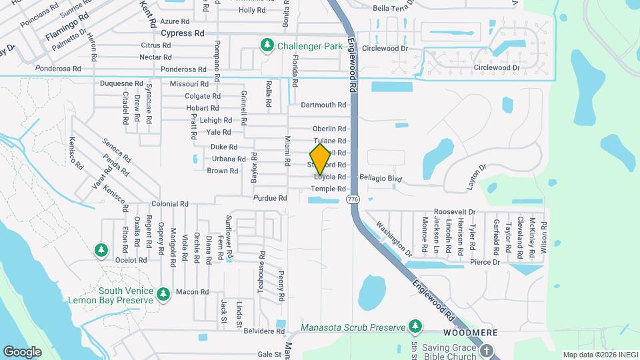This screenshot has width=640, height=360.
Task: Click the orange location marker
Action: point(321,160)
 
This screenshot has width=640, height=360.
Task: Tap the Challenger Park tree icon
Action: point(267,45)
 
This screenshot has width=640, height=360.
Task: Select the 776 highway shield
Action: point(353,199)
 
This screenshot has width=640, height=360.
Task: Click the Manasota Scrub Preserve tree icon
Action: point(415,325)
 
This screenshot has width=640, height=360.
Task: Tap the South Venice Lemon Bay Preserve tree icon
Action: point(163,293)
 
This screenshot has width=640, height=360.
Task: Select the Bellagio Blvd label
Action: point(381,179)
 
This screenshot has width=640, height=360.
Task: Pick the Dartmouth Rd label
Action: point(323,105)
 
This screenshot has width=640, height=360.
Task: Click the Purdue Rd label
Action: point(270,198)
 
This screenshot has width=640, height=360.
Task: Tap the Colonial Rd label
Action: point(170,204)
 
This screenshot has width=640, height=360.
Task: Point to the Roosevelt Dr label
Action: point(453,211)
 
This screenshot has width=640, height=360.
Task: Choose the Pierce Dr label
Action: point(484,262)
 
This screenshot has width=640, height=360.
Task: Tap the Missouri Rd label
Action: point(185,84)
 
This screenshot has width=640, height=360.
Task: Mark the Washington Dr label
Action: point(391,238)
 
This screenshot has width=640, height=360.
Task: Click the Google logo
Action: point(22,351)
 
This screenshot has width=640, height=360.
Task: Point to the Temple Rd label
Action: point(333,189)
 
